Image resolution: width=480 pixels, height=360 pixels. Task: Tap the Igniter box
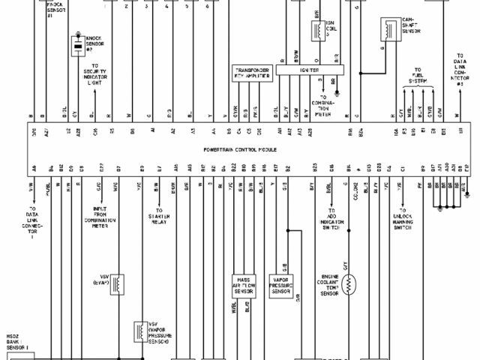(x=308, y=69)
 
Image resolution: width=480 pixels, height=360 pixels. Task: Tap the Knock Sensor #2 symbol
(x=77, y=47)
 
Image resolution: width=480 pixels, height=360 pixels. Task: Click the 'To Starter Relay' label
(x=159, y=217)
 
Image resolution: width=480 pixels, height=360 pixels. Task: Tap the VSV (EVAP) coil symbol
(x=118, y=283)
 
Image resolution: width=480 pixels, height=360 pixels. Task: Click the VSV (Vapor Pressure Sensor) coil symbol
(x=139, y=330)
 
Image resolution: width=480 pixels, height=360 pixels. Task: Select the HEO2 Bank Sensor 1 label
(x=16, y=342)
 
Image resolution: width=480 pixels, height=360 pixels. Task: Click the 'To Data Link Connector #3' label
(x=460, y=69)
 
